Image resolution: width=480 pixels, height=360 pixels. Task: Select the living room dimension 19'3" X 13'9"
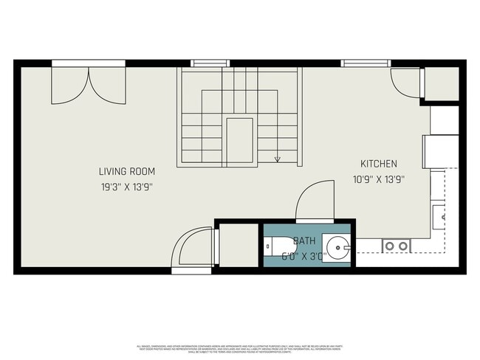pos(128,187)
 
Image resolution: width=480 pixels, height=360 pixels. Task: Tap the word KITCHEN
pos(379,164)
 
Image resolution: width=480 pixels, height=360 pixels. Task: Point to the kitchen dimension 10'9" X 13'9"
pos(379,179)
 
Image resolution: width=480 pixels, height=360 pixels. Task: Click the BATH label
pos(305,241)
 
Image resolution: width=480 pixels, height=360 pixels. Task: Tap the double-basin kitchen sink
pos(396,246)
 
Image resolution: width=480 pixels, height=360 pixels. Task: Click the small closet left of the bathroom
pos(237,244)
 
